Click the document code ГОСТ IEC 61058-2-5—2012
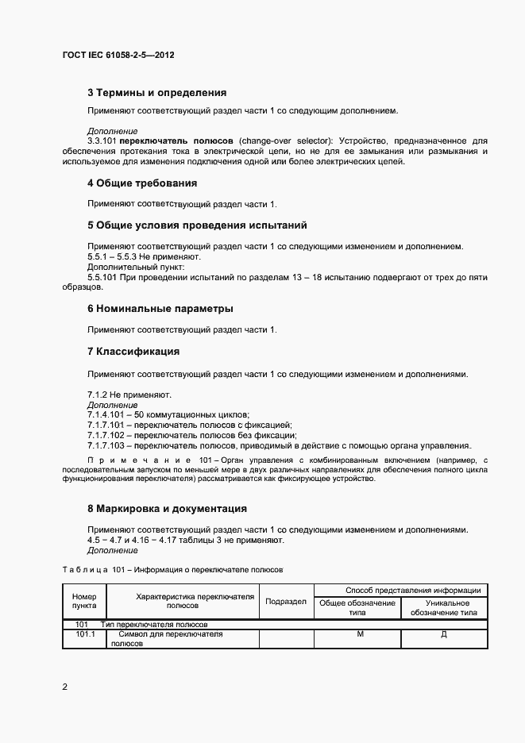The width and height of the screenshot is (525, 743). pos(118,56)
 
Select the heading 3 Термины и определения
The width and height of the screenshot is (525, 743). pos(156,93)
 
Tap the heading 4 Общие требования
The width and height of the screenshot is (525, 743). pos(141,183)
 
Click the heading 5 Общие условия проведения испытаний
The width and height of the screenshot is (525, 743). pos(196,225)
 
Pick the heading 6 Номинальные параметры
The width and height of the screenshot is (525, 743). pos(160,308)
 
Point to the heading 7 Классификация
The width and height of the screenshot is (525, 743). pos(133,351)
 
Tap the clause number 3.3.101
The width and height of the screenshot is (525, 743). pos(102,141)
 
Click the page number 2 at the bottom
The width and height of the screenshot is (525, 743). pos(64,686)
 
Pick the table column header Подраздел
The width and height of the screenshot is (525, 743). pos(286,602)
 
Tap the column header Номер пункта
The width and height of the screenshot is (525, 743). pos(83,602)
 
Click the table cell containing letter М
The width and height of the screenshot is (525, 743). pos(360,633)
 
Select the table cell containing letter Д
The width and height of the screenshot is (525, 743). pos(443,633)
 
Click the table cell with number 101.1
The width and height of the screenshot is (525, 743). pos(84,633)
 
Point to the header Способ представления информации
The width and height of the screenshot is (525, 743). pos(401,590)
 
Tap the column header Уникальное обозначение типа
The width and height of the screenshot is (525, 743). pos(443,607)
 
